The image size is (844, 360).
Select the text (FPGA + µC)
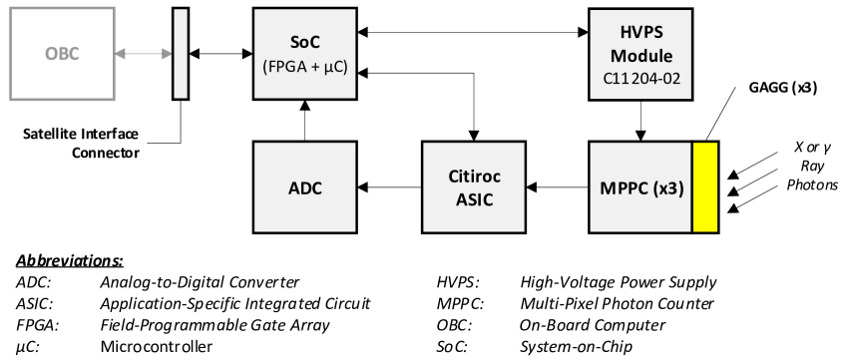click(x=304, y=67)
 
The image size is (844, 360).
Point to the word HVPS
click(x=641, y=33)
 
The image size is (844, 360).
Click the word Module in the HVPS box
click(x=641, y=55)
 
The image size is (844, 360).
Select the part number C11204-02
click(x=641, y=77)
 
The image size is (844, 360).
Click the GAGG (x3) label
click(x=782, y=88)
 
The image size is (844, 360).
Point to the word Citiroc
click(x=474, y=177)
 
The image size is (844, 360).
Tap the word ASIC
click(x=474, y=197)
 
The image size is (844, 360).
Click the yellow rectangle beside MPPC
click(x=705, y=187)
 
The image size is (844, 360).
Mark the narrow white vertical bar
click(x=181, y=54)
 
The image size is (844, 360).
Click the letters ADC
click(x=304, y=187)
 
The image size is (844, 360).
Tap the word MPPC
click(x=624, y=187)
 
